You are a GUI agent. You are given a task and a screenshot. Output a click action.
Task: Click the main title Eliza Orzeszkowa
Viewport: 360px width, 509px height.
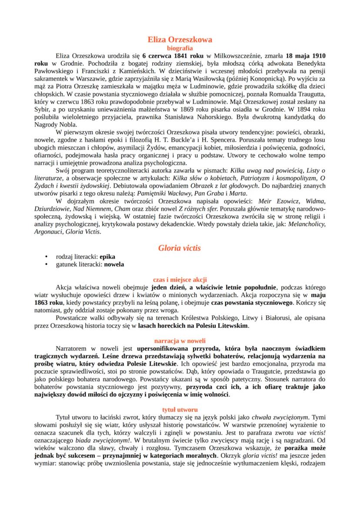click(180, 40)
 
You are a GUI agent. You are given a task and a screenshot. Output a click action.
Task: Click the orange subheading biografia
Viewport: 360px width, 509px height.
click(180, 48)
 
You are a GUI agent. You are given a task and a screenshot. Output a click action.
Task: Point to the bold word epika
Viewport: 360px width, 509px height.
click(107, 257)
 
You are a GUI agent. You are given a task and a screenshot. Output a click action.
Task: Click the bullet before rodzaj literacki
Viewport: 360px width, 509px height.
click(47, 257)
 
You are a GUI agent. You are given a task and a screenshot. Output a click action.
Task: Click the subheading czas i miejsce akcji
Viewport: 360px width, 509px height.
click(180, 279)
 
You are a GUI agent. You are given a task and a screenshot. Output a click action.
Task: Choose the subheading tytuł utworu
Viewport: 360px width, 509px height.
click(180, 409)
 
